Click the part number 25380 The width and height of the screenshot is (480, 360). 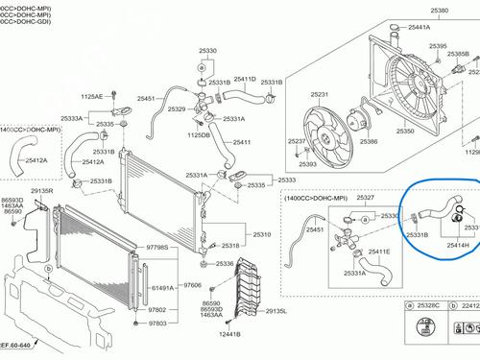[x=385, y=10]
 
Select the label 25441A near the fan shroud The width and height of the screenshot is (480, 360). [x=420, y=29]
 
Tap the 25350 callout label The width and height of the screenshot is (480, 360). [x=406, y=132]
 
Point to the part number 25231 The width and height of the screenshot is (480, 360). [x=319, y=121]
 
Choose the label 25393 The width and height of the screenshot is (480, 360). [x=307, y=164]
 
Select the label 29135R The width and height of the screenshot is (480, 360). [x=42, y=191]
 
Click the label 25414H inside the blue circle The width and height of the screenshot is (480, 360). [x=458, y=245]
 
